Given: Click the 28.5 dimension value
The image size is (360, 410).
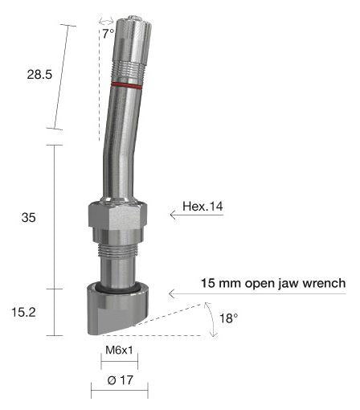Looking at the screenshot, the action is [x=39, y=74].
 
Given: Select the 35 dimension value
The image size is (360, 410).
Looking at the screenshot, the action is [x=28, y=217].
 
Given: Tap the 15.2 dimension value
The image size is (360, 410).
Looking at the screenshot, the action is [x=23, y=312].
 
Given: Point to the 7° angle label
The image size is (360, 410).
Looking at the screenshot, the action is [x=108, y=34].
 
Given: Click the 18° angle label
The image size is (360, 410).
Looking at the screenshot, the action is [x=228, y=318].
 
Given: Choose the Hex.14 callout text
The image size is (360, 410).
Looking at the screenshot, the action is [x=202, y=207].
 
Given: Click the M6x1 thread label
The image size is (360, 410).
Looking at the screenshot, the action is [x=119, y=350].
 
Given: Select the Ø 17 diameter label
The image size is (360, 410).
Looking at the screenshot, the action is [x=120, y=380].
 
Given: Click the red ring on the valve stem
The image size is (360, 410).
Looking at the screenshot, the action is [x=126, y=85].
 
